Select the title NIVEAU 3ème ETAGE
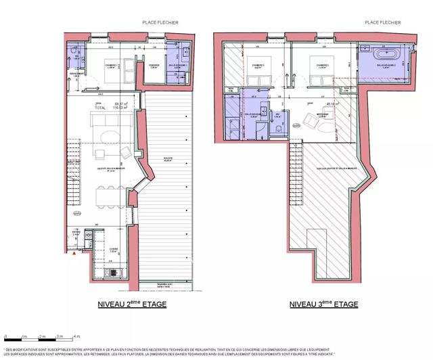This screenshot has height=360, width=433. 324,304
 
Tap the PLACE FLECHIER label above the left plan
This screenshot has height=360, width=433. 160,22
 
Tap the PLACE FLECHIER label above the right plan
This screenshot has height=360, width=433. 383,22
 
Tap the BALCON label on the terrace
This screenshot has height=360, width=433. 168,160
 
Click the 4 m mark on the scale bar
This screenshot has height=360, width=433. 77,336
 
